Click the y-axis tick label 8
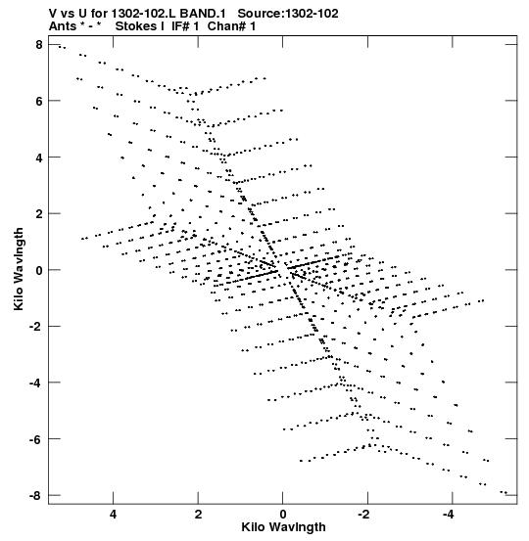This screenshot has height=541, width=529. (38, 44)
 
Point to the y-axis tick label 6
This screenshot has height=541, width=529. (38, 101)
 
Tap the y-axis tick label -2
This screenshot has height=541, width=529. (35, 327)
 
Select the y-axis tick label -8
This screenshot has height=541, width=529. (35, 495)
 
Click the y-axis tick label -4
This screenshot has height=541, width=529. (35, 383)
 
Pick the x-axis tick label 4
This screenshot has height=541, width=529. (113, 515)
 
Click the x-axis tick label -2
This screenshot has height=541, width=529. (364, 515)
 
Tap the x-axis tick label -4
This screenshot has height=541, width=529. (450, 515)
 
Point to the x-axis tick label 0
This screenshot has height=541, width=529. (283, 515)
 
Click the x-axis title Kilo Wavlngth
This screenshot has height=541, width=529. (283, 528)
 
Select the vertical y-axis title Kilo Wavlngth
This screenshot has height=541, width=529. (19, 269)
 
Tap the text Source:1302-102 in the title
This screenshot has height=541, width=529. (288, 14)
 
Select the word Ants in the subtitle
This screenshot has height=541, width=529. (63, 26)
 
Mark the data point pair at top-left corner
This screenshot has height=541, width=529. (62, 47)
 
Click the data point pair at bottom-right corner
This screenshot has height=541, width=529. (504, 492)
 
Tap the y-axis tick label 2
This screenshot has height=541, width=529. (38, 213)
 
